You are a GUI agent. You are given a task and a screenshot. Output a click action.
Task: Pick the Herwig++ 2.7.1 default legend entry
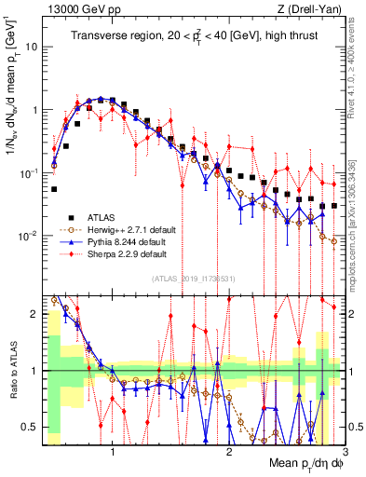[129, 228]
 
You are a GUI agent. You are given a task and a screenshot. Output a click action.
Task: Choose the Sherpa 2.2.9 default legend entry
[126, 253]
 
